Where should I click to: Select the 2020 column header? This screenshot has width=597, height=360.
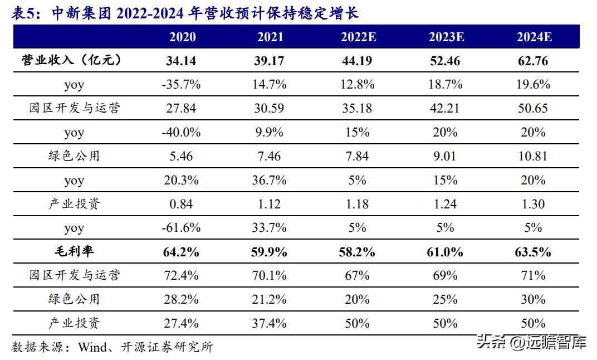click(182, 37)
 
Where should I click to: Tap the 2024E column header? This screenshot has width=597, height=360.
click(534, 37)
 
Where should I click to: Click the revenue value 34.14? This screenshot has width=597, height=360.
click(182, 61)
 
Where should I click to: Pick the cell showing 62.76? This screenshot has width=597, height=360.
click(534, 61)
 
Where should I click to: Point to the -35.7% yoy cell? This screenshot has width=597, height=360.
click(182, 85)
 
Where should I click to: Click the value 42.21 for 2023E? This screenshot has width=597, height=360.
click(446, 108)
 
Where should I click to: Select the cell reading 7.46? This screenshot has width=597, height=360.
click(270, 156)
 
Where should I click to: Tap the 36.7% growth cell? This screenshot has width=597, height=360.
click(270, 180)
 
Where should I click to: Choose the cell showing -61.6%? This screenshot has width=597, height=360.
click(182, 228)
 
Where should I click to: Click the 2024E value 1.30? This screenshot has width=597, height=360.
click(534, 204)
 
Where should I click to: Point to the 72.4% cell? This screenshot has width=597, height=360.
click(182, 275)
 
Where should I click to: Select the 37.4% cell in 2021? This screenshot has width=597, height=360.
click(270, 323)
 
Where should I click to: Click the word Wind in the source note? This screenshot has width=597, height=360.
click(91, 347)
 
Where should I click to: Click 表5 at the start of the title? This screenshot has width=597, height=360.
click(24, 13)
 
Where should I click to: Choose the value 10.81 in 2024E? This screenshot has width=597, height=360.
click(534, 156)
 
